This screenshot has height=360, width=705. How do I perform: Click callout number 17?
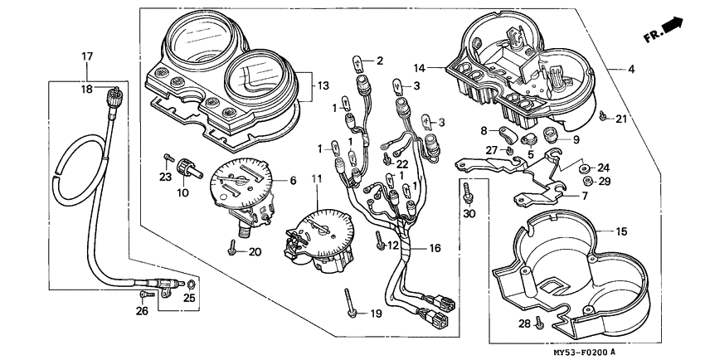point(86,56)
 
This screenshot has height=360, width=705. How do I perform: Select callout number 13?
point(324,85)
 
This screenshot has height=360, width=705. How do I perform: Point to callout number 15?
point(622,231)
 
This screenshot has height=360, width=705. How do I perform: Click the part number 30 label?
point(469,214)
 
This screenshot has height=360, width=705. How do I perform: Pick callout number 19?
point(376,314)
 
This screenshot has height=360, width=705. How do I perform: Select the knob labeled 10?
point(197,170)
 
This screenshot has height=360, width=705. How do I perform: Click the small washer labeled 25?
point(192,286)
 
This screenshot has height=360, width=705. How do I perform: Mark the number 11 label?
point(316,178)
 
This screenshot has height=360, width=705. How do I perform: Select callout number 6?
point(291,180)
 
